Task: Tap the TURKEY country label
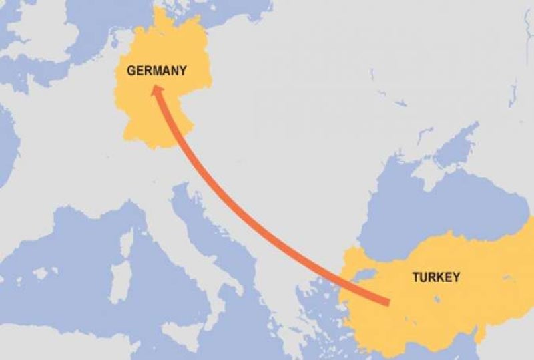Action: (x=436, y=277)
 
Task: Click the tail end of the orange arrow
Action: (x=388, y=304)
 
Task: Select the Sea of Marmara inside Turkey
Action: (x=364, y=275)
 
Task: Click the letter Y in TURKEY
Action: (x=456, y=277)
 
